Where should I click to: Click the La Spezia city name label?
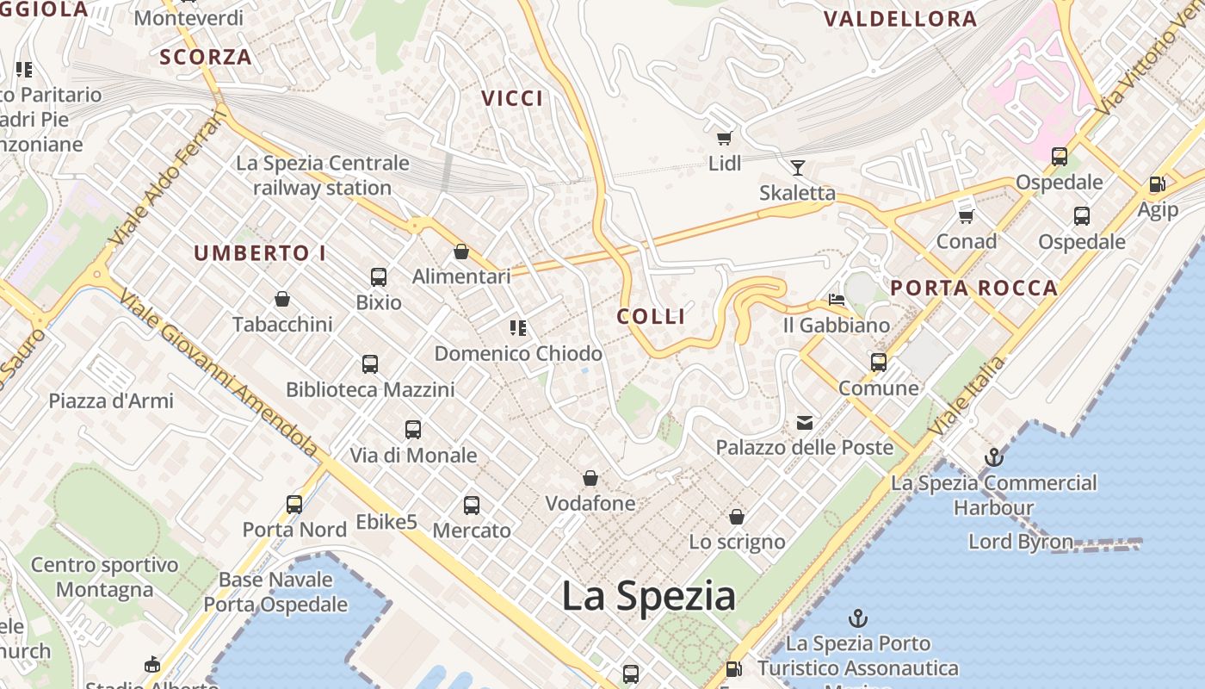pyautogui.click(x=649, y=596)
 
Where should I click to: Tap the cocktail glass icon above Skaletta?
pyautogui.click(x=798, y=167)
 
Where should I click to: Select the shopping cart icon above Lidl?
pyautogui.click(x=725, y=137)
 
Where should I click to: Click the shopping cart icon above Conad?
pyautogui.click(x=966, y=215)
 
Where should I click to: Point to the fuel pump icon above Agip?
pyautogui.click(x=1158, y=183)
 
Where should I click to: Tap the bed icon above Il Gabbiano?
pyautogui.click(x=836, y=300)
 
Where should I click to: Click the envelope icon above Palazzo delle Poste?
pyautogui.click(x=805, y=422)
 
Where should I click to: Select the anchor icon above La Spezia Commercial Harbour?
pyautogui.click(x=994, y=457)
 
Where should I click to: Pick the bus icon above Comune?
pyautogui.click(x=879, y=362)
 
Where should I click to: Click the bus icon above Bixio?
pyautogui.click(x=379, y=276)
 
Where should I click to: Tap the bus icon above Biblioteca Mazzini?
pyautogui.click(x=370, y=363)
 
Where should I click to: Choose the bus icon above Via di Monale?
pyautogui.click(x=413, y=429)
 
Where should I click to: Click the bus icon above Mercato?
pyautogui.click(x=472, y=506)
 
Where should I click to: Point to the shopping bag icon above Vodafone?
pyautogui.click(x=590, y=477)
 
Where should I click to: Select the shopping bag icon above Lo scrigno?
pyautogui.click(x=737, y=516)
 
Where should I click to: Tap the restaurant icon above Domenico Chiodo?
pyautogui.click(x=518, y=327)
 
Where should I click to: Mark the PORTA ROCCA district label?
pyautogui.click(x=974, y=289)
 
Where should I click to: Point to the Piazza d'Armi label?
pyautogui.click(x=111, y=400)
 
